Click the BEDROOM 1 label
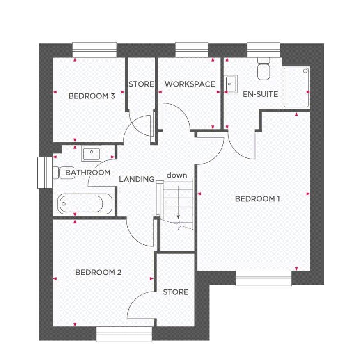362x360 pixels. point(257,199)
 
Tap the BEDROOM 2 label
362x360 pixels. point(98,272)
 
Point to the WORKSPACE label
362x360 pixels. point(190,84)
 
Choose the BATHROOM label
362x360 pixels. point(88,173)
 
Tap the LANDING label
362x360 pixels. point(137,179)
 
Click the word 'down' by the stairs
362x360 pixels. point(176,175)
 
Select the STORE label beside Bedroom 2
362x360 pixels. point(176,292)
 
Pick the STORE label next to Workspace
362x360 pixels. point(141,84)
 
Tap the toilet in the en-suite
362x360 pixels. point(263,68)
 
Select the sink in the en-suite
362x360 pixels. point(231,84)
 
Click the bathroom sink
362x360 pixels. point(91,155)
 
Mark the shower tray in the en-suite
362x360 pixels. point(296,88)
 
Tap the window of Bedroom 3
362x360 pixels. point(94,50)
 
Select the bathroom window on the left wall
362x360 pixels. point(43,173)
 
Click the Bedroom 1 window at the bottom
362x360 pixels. point(264,279)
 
